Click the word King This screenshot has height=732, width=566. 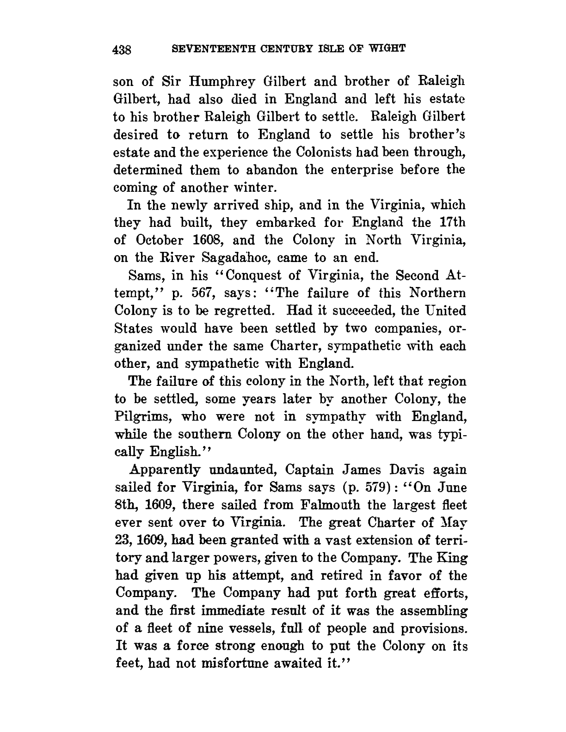point(452,558)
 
